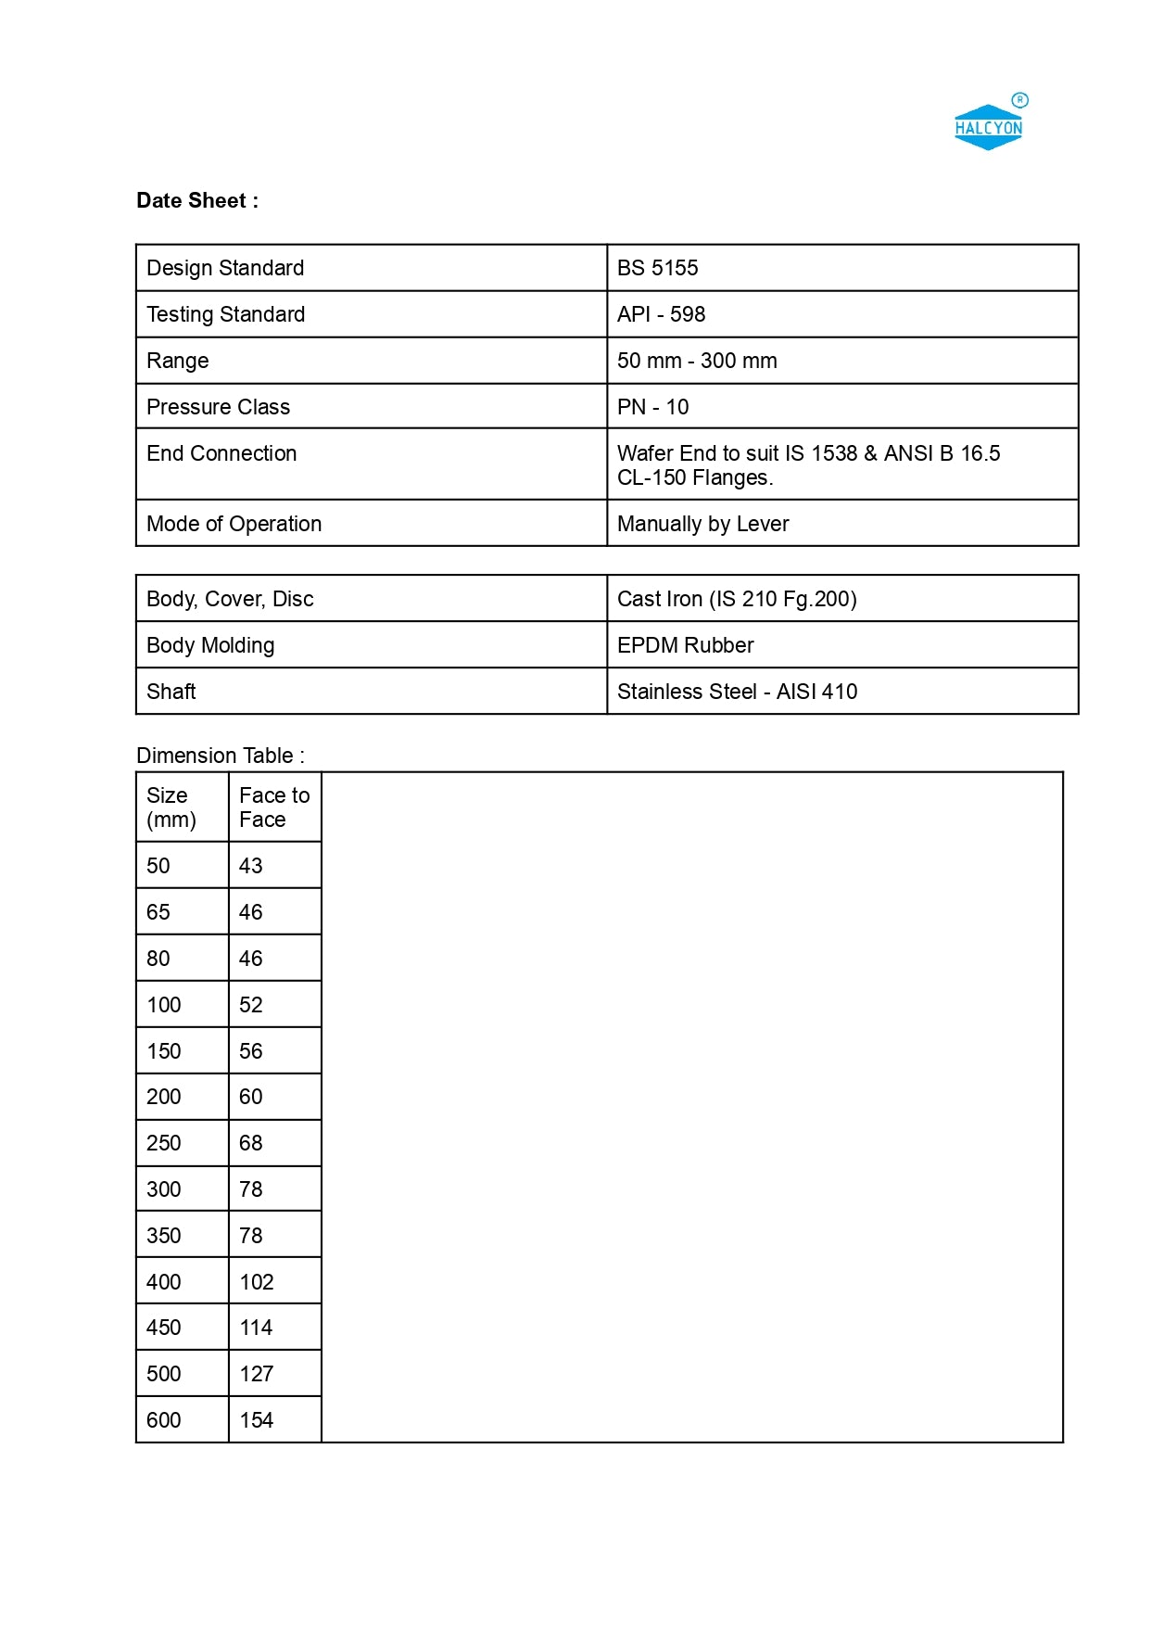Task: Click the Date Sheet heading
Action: [197, 201]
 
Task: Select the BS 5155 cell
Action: [657, 268]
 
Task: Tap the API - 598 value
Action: [661, 314]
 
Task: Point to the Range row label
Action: [178, 361]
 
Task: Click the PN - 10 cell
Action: [652, 407]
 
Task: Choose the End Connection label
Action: [221, 453]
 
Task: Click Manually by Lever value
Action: [702, 524]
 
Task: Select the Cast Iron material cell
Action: [737, 599]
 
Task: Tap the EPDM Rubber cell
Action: [685, 645]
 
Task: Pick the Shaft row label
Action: [171, 692]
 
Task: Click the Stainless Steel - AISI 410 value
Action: [737, 692]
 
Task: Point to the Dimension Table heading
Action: [221, 756]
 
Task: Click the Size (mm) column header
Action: [171, 807]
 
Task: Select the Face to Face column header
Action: [274, 807]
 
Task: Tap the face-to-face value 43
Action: [251, 866]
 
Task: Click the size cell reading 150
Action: [164, 1051]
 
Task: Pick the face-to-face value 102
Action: [257, 1282]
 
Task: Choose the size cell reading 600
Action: [164, 1420]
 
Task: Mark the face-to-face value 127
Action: [257, 1374]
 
